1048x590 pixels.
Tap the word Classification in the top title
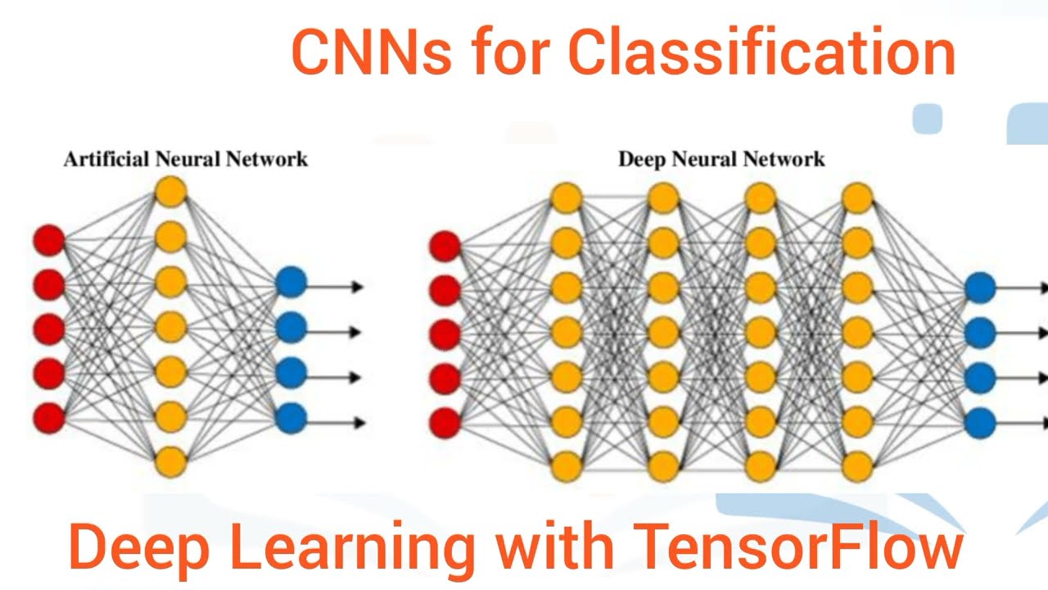click(761, 52)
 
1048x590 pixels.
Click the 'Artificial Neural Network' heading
click(186, 159)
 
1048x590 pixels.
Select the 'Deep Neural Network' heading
click(721, 159)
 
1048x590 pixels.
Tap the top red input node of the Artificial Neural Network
click(48, 241)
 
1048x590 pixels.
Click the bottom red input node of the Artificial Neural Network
click(48, 418)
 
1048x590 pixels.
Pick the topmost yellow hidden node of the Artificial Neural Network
click(170, 193)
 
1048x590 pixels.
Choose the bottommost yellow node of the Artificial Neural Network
click(170, 461)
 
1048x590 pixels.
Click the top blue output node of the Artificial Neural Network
click(291, 283)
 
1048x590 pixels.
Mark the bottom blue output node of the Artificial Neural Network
click(291, 419)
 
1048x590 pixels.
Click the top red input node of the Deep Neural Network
click(445, 245)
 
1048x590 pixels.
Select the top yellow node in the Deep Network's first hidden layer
click(566, 197)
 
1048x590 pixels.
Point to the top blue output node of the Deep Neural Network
click(980, 288)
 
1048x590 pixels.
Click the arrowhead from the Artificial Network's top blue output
click(357, 287)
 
